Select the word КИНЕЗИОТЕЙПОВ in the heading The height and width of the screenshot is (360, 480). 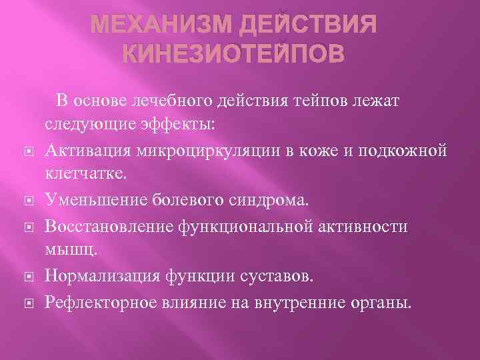(x=235, y=53)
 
